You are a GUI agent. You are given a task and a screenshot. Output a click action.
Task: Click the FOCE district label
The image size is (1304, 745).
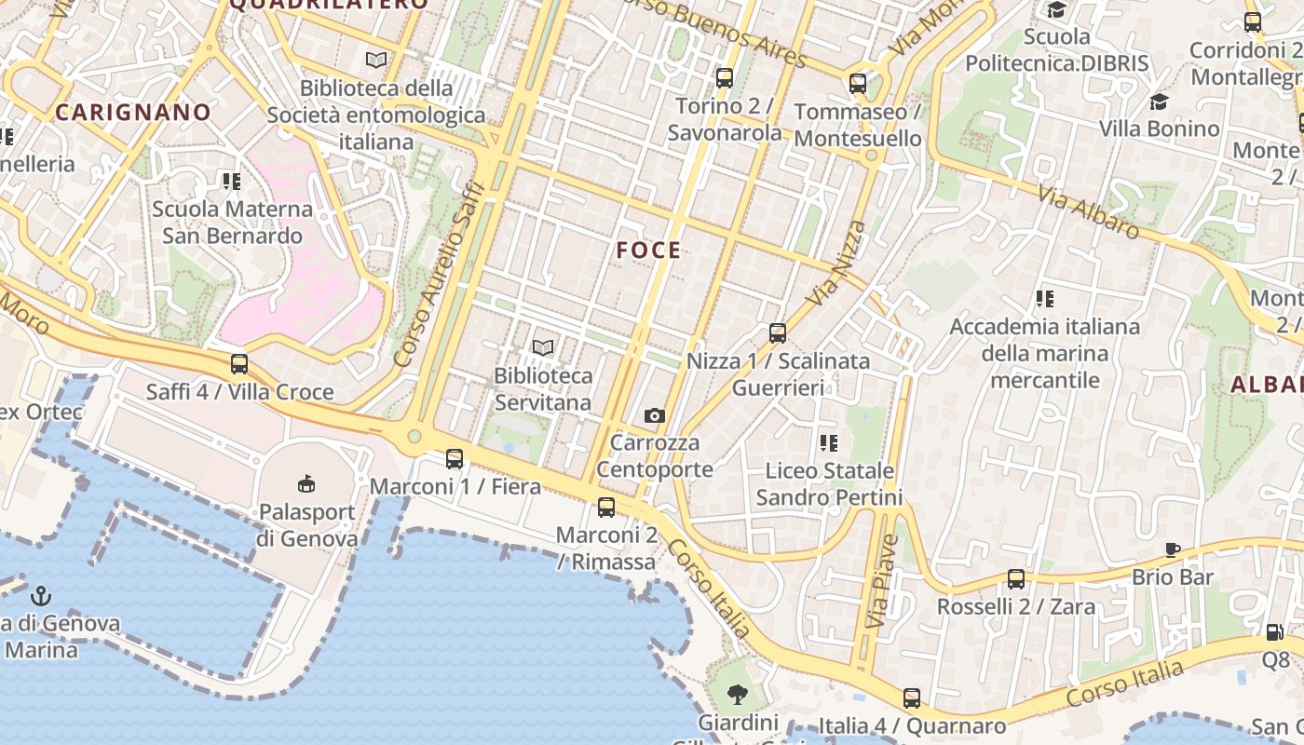648,250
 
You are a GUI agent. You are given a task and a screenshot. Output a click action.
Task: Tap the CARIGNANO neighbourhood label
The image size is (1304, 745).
133,113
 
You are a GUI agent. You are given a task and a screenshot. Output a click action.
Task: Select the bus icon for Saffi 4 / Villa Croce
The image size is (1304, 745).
239,364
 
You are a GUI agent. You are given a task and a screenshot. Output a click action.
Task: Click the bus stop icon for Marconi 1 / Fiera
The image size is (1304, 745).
455,459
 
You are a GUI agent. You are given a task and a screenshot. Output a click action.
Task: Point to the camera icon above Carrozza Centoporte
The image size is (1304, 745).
655,415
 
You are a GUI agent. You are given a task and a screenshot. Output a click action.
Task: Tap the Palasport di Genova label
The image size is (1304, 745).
307,525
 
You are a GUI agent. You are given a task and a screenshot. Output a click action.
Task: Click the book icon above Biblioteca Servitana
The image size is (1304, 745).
543,348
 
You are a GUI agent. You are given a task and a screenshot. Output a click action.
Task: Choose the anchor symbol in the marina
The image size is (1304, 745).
41,596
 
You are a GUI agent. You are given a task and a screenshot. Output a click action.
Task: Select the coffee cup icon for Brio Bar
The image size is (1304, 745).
1173,550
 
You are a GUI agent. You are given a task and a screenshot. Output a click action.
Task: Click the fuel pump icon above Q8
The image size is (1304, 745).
1274,632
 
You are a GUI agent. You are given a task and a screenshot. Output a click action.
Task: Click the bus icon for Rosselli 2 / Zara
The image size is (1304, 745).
1016,579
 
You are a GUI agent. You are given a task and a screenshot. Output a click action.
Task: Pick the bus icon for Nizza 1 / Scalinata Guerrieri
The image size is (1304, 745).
778,333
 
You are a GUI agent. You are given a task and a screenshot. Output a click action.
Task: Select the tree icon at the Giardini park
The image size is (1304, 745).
738,694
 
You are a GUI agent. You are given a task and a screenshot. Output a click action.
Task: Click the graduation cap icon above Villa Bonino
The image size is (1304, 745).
1160,102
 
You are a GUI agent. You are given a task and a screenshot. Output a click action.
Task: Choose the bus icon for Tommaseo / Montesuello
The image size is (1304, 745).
858,84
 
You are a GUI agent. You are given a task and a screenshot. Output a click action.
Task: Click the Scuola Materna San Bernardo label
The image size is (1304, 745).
233,222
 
